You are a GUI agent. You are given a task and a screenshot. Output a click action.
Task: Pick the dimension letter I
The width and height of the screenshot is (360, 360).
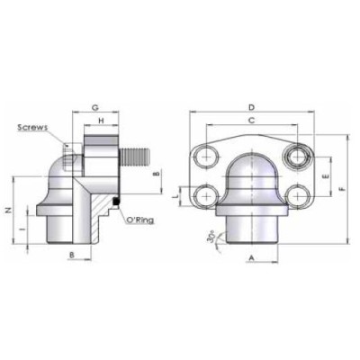pyautogui.click(x=22, y=228)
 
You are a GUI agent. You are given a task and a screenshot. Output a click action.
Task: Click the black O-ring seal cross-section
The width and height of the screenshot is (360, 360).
pyautogui.click(x=116, y=201)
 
